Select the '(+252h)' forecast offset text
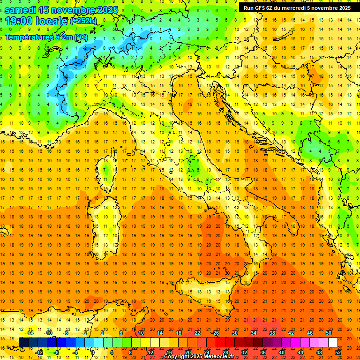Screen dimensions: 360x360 (x=84, y=21)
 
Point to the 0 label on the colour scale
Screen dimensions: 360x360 (x=93, y=352)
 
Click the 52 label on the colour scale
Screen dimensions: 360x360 (x=338, y=352)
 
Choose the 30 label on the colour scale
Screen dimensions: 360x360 (x=235, y=333)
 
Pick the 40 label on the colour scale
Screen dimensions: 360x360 (x=282, y=352)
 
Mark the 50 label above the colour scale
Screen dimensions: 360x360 (x=329, y=333)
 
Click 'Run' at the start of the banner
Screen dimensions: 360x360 (x=249, y=8)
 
